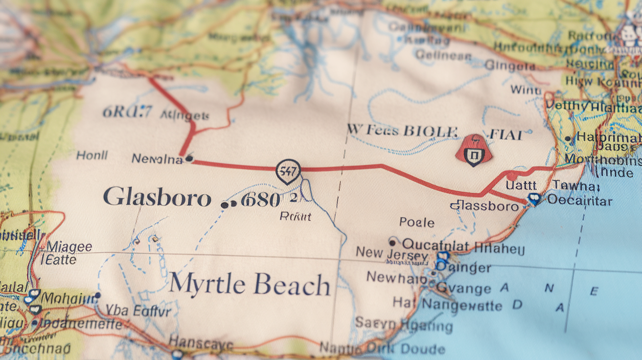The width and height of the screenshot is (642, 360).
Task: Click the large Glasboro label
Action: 157,198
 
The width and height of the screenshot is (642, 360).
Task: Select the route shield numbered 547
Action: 288,171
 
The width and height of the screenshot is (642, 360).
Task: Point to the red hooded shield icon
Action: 473,150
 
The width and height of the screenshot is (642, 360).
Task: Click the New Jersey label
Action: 391,253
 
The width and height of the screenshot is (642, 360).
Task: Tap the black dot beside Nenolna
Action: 189,158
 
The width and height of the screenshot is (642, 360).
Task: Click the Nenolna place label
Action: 157,158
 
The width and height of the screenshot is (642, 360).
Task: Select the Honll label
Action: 92,156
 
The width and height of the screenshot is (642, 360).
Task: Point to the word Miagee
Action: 69,247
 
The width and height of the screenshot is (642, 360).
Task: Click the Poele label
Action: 416,223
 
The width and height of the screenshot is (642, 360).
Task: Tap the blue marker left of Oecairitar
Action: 534,199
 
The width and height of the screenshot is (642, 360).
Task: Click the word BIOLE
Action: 431,131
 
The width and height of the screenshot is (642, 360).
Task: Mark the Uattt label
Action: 521,185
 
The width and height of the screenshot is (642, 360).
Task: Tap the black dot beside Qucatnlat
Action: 392,241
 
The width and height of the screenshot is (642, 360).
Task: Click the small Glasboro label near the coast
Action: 484,206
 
